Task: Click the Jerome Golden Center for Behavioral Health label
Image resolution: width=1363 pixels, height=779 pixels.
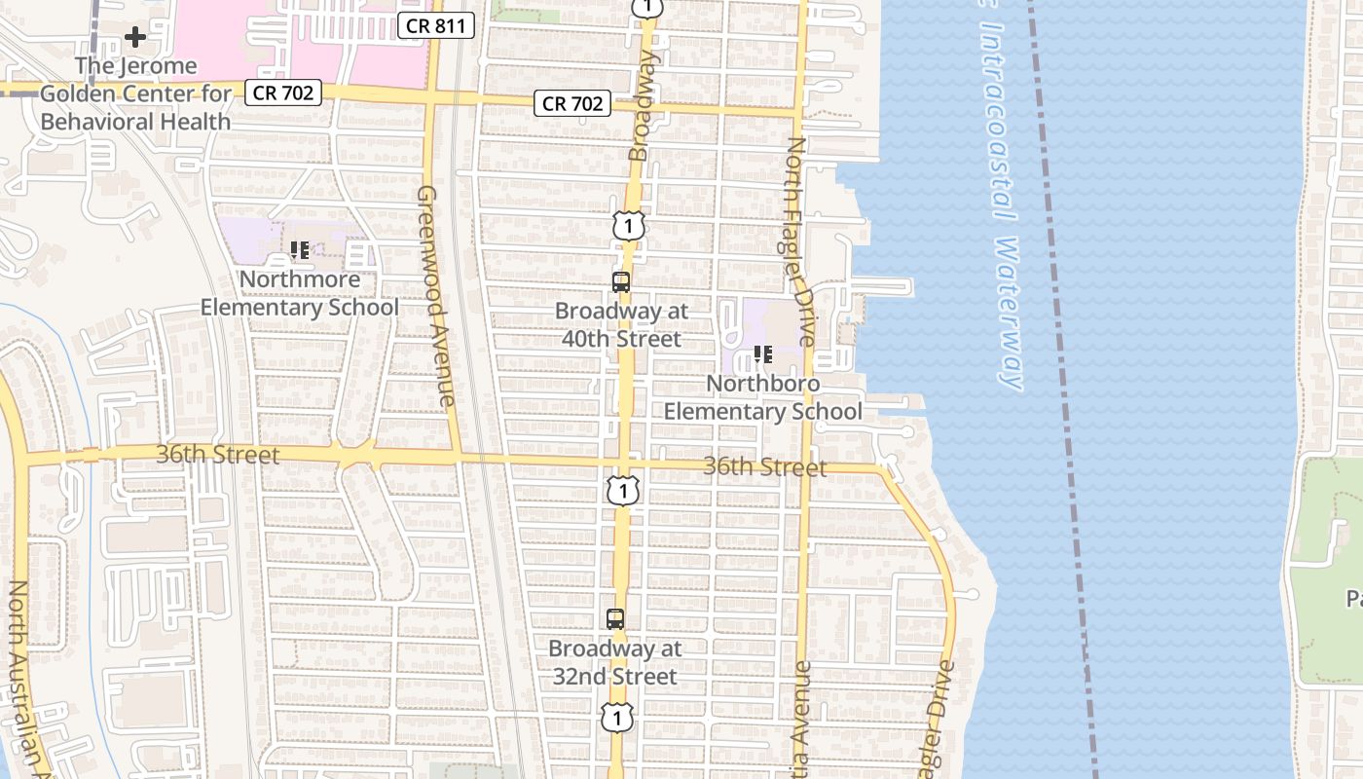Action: pyautogui.click(x=135, y=93)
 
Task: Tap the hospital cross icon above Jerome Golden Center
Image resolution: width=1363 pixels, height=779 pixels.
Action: pyautogui.click(x=135, y=38)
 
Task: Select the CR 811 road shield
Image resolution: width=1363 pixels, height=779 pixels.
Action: pyautogui.click(x=436, y=26)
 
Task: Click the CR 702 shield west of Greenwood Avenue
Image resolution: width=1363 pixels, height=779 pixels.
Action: pyautogui.click(x=282, y=93)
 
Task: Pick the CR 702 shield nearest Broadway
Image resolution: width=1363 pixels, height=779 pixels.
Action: pyautogui.click(x=572, y=103)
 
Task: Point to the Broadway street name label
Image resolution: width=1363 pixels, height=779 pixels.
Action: pyautogui.click(x=643, y=105)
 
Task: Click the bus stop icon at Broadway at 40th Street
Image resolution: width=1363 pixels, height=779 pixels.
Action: pyautogui.click(x=620, y=282)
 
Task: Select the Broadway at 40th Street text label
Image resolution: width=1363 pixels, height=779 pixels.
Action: pyautogui.click(x=621, y=325)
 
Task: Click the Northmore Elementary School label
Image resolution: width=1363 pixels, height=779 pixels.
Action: pyautogui.click(x=300, y=293)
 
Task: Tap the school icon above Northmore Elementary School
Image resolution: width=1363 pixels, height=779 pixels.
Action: pyautogui.click(x=300, y=250)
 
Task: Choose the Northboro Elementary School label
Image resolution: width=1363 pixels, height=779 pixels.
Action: pyautogui.click(x=763, y=397)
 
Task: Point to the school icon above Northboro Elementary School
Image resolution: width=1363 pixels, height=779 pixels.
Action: pyautogui.click(x=763, y=355)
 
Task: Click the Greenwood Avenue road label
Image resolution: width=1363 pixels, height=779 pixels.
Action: pyautogui.click(x=435, y=295)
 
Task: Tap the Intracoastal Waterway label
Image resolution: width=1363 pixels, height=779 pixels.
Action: pyautogui.click(x=1001, y=195)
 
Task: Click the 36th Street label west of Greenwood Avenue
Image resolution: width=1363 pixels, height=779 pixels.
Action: pyautogui.click(x=217, y=455)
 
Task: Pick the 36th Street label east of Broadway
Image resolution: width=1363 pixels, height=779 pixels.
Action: pyautogui.click(x=764, y=467)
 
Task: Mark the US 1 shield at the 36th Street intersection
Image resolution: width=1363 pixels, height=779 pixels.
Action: pyautogui.click(x=622, y=490)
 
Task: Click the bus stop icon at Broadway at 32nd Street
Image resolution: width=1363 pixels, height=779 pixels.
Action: pyautogui.click(x=615, y=618)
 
